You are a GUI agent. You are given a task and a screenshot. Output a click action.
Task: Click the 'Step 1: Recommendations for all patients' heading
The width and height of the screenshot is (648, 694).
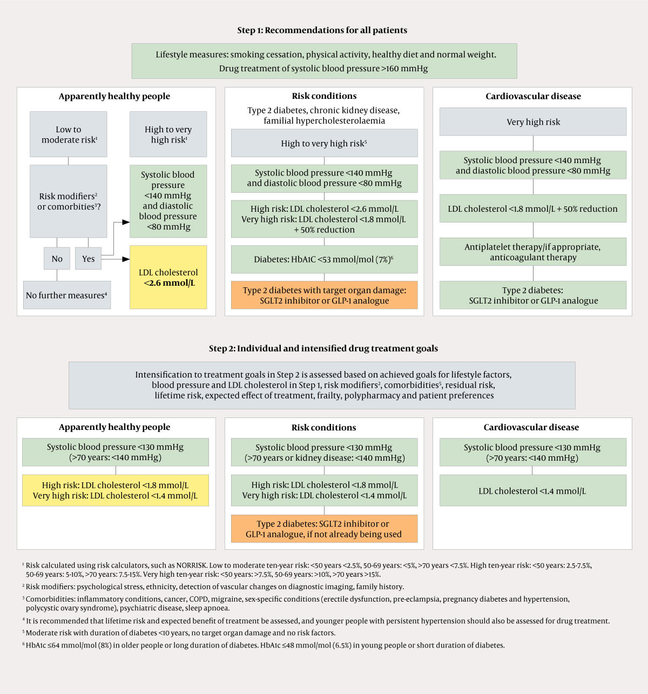322,30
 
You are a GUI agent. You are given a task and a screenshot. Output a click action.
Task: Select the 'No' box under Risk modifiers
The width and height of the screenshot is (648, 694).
57,259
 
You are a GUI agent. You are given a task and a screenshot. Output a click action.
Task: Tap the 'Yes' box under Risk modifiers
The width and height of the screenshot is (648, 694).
88,259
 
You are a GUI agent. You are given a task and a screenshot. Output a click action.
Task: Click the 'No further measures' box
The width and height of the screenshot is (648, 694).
67,295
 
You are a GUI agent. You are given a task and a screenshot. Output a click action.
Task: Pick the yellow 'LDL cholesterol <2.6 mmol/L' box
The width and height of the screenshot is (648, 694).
168,278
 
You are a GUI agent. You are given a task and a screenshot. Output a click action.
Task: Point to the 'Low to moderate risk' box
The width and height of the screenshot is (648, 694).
69,134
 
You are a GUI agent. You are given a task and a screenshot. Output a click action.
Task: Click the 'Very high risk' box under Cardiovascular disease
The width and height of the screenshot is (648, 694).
533,122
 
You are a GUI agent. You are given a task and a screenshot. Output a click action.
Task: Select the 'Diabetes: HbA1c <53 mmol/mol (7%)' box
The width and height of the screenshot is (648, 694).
324,259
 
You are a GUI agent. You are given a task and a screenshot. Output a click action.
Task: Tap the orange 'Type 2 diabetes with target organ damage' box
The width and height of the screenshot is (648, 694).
324,295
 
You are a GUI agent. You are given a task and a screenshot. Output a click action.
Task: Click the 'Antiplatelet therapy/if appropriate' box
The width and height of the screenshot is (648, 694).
533,252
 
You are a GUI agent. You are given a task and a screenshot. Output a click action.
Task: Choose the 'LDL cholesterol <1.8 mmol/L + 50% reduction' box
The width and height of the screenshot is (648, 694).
533,208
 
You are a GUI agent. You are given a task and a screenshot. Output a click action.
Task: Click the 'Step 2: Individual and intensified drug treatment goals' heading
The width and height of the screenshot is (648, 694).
323,348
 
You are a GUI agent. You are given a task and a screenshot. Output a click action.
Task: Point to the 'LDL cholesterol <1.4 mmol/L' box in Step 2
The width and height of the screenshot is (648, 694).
533,491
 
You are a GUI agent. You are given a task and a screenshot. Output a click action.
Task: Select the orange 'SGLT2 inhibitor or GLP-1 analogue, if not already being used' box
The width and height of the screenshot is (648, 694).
324,529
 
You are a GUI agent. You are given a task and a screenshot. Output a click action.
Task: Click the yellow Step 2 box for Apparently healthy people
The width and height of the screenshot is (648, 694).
115,490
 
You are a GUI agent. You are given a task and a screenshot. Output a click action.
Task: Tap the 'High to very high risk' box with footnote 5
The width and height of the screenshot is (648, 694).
324,143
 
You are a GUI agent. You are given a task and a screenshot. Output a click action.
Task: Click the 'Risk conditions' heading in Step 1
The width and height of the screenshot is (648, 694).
324,96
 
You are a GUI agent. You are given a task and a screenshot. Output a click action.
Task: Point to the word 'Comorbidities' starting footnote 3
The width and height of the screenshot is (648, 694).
50,599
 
